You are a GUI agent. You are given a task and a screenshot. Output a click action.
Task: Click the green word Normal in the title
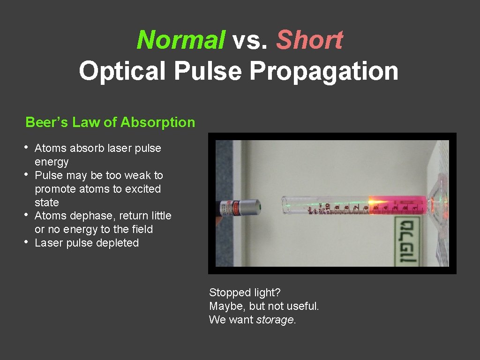tap(180, 40)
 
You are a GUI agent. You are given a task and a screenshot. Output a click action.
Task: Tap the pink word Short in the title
tap(309, 40)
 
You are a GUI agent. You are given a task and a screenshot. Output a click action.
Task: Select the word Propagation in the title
tap(323, 72)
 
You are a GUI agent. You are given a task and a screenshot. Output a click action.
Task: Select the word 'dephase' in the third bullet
tap(94, 216)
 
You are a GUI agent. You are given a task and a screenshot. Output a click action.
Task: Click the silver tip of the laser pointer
tap(252, 206)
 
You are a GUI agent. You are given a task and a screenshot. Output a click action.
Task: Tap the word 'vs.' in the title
tap(251, 40)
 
